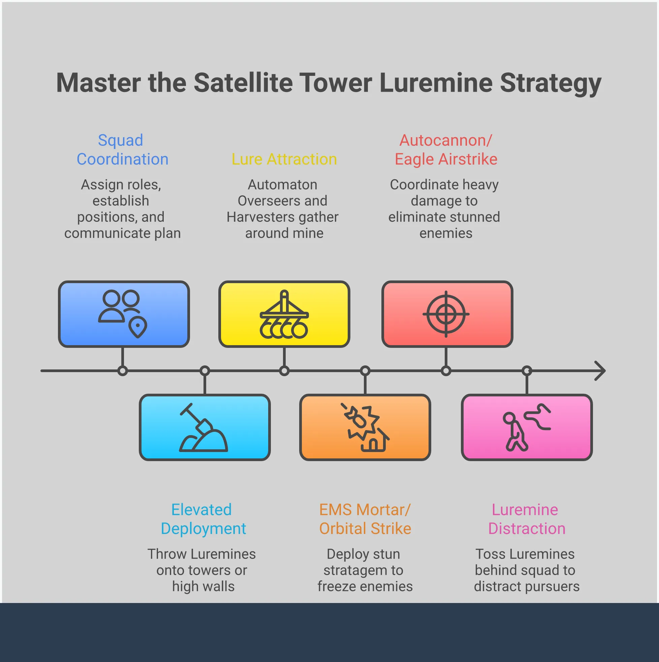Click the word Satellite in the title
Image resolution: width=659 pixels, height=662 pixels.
coord(243,83)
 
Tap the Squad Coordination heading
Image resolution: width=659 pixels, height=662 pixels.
coord(122,150)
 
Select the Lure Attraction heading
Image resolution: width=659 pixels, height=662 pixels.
coord(284,159)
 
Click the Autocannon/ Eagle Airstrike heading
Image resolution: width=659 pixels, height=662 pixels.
coord(446,150)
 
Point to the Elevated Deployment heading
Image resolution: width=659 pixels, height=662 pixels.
coord(203,519)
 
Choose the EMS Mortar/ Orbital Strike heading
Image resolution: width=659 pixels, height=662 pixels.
coord(365,519)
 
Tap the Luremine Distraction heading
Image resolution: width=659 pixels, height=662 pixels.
coord(527,519)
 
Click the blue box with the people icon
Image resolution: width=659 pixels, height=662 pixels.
coord(124,314)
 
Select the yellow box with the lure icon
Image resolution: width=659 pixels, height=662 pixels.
coord(284,314)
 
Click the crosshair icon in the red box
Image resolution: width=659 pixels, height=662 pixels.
coord(446,314)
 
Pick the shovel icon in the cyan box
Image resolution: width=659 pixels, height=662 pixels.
coord(203,427)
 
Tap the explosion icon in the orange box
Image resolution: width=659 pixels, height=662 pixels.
coord(365,427)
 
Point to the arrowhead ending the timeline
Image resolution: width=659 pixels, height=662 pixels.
coord(600,371)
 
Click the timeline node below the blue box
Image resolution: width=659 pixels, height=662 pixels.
coord(122,371)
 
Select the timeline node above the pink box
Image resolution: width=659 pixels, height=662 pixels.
coord(527,371)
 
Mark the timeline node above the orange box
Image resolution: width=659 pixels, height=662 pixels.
coord(365,371)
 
